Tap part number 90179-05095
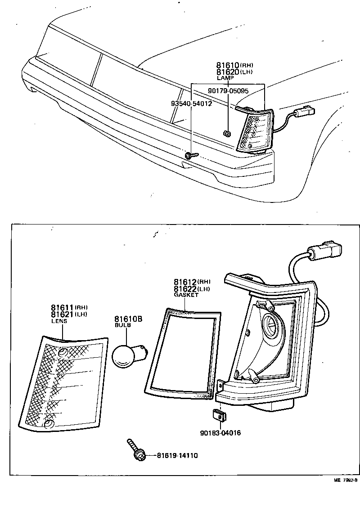click(x=228, y=90)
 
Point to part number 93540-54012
click(x=191, y=103)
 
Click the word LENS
click(x=59, y=321)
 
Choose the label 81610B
click(x=128, y=319)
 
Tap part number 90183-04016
click(x=220, y=433)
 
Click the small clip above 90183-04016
click(x=219, y=416)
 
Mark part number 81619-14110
click(x=177, y=456)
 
